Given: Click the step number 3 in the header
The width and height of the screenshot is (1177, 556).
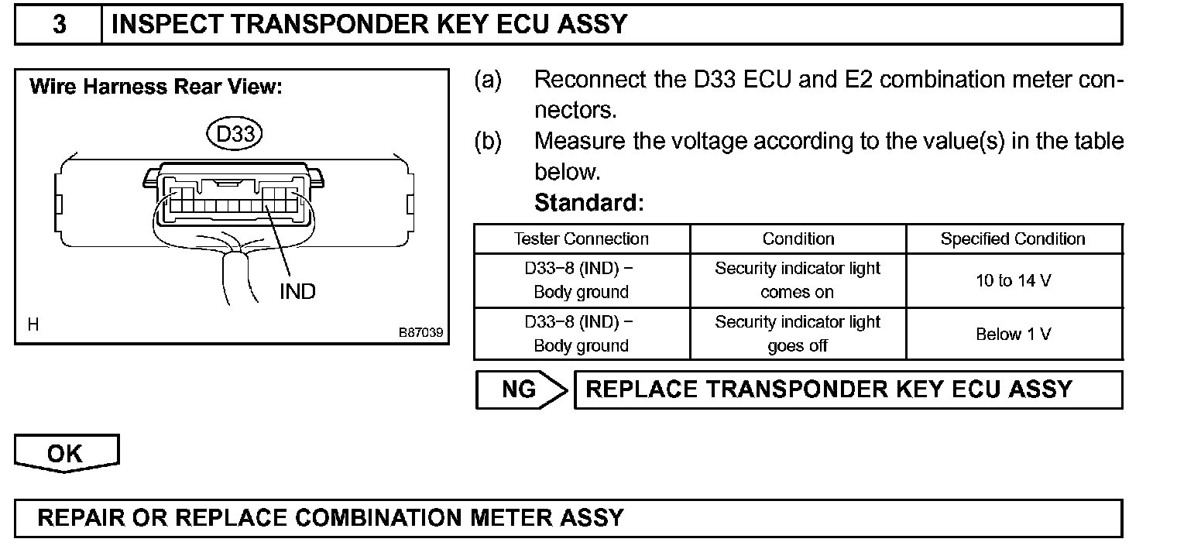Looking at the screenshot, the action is tap(60, 24).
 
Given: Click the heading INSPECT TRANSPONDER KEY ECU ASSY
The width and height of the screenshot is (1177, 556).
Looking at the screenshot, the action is tap(369, 24).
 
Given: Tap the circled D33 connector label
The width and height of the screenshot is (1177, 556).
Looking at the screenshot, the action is tap(235, 134).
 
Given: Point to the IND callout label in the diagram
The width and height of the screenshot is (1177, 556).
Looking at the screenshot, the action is tap(297, 291).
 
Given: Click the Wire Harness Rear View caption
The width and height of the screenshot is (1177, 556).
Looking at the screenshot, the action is tap(155, 87).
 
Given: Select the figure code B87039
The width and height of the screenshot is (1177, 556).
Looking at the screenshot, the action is tap(420, 332).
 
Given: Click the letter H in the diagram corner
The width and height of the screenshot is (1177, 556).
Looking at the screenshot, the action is tap(33, 325).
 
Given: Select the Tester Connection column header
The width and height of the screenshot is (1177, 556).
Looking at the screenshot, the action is tap(582, 239).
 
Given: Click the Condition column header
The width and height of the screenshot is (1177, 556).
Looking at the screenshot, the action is tap(798, 239).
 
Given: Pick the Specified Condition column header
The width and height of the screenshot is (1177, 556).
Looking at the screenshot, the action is tap(1013, 239).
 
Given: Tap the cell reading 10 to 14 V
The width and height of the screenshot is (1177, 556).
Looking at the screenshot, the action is tap(1013, 280).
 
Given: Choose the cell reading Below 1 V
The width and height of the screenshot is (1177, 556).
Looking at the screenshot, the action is tap(1013, 335).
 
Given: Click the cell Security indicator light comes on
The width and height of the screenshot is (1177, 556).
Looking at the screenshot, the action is tap(798, 280).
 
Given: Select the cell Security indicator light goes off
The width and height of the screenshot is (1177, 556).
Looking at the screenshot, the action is tap(798, 334).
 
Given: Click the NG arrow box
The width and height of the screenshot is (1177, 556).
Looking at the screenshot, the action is tap(520, 390).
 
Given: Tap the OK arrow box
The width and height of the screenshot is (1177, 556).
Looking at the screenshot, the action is tap(66, 453).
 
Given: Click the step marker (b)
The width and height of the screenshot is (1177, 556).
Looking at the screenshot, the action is tap(488, 141).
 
